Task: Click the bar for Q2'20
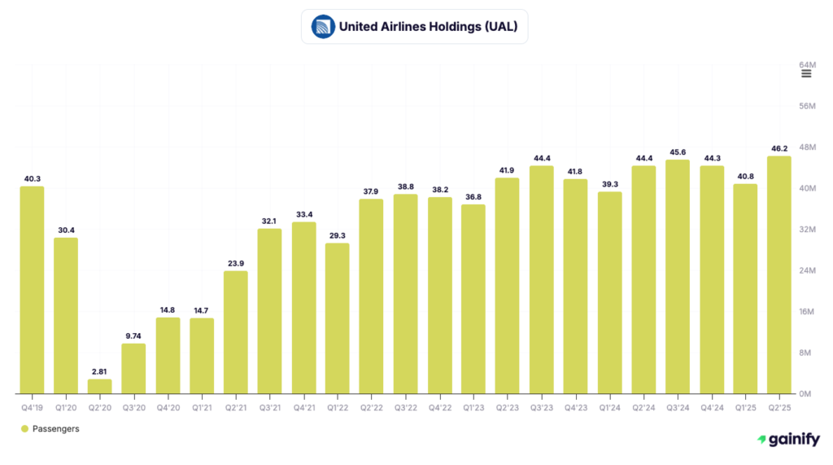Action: [100, 386]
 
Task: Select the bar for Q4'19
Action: [32, 290]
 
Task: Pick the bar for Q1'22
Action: [338, 318]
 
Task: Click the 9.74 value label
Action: [133, 335]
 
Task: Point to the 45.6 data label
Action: [677, 151]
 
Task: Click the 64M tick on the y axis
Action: [806, 64]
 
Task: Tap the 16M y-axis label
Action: [806, 312]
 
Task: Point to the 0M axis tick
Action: [806, 394]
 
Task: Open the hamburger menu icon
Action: [806, 74]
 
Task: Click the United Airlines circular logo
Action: [323, 27]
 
